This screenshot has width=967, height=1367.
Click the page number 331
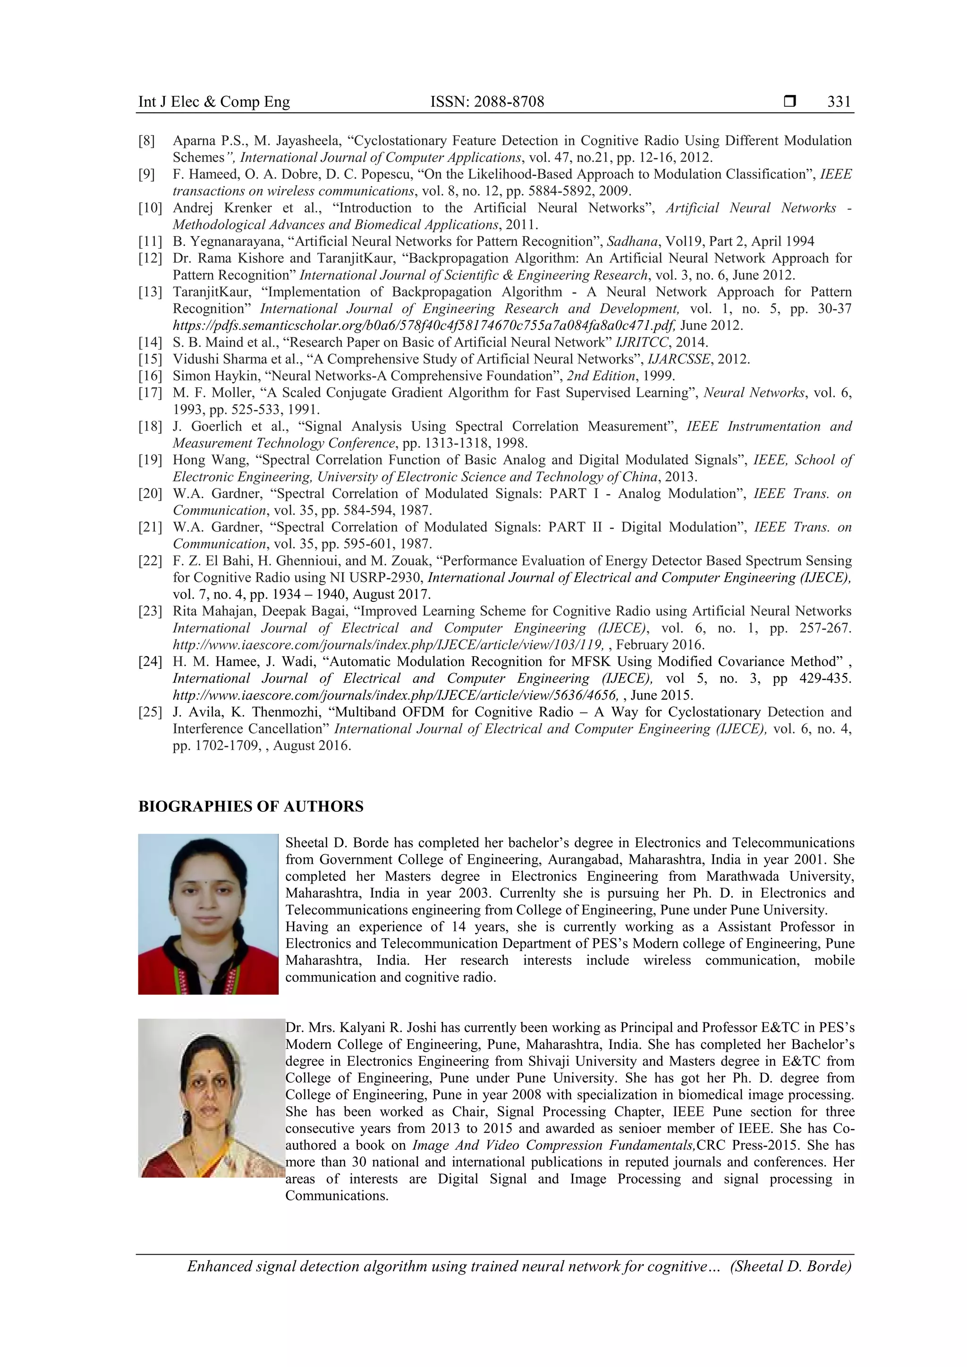(839, 102)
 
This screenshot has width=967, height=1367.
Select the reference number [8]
(146, 141)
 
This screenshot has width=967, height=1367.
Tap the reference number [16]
(150, 376)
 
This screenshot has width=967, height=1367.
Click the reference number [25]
(150, 712)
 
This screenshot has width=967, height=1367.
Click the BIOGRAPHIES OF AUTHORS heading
(251, 807)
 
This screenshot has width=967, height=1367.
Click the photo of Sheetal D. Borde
(208, 914)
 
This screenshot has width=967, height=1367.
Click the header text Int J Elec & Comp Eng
(214, 102)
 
